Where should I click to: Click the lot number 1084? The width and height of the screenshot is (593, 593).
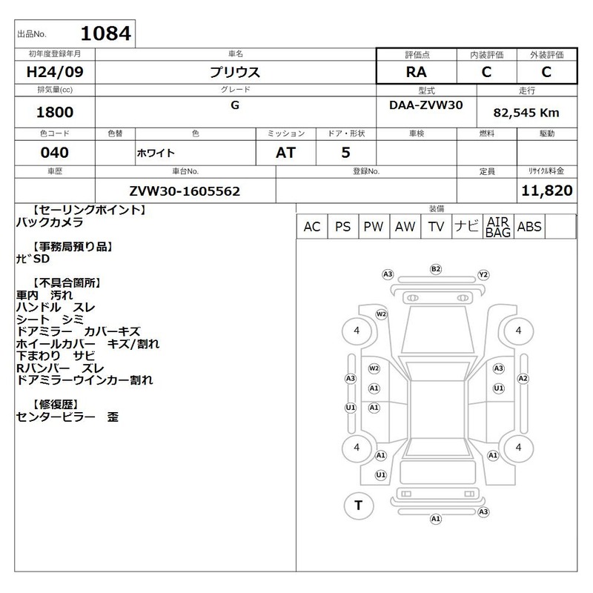pos(106,33)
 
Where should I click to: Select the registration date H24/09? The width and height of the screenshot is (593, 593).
pos(55,72)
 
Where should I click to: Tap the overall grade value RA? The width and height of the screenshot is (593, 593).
pos(417,72)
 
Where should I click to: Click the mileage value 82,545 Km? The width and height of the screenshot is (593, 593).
pos(526,113)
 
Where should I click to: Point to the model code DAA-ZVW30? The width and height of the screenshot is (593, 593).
pos(425,105)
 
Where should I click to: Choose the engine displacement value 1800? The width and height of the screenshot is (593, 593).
pos(55,112)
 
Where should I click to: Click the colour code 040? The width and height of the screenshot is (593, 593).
pos(55,153)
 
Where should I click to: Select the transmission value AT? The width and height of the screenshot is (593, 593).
pos(285,153)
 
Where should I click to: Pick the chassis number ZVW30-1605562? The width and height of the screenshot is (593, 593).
pos(185,191)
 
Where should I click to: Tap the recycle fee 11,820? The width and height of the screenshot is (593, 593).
pos(547,191)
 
